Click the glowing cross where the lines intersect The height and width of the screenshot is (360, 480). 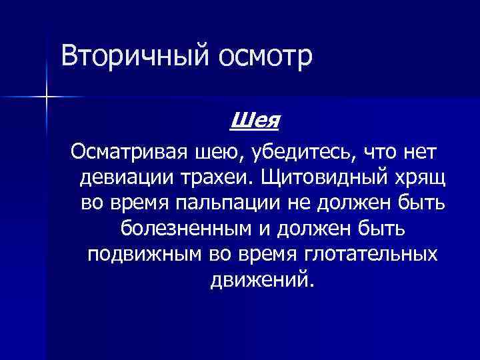tap(46, 97)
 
